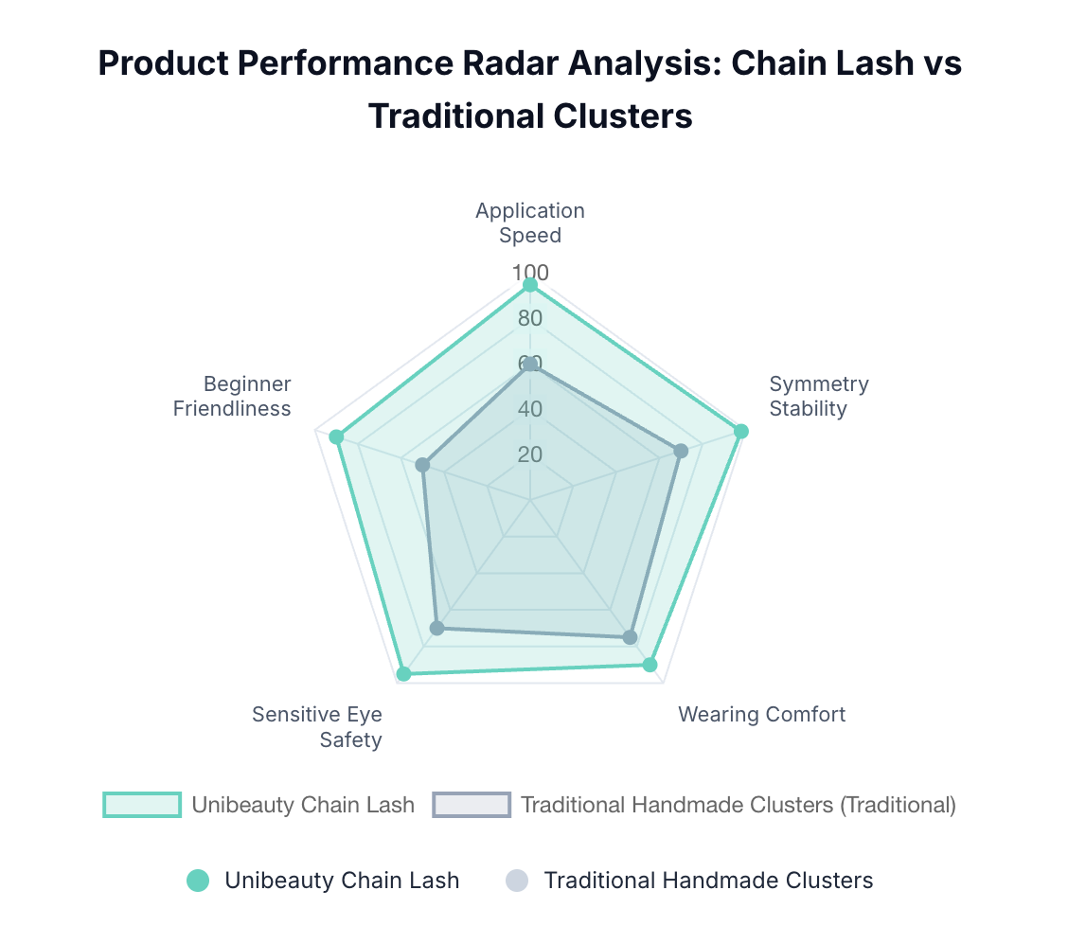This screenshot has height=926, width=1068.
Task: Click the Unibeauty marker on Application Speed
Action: [530, 285]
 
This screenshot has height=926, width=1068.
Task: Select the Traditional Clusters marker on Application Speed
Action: [530, 365]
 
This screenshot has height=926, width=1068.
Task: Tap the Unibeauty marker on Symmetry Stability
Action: [741, 432]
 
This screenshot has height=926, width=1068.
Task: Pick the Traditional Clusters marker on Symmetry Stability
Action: [681, 451]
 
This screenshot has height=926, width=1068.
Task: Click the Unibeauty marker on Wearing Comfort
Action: [650, 665]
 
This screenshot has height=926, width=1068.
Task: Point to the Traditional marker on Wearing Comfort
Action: [630, 637]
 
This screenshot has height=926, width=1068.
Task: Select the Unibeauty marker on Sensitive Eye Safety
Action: [404, 674]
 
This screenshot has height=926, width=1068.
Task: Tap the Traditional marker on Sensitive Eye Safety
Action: [437, 628]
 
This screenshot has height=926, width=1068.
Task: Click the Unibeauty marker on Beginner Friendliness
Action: [335, 436]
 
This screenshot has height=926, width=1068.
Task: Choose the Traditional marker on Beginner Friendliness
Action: [423, 465]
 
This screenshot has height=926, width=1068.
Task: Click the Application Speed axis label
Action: [530, 223]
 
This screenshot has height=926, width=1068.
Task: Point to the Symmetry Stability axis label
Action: [818, 396]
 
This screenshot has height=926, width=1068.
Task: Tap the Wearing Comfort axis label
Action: [761, 714]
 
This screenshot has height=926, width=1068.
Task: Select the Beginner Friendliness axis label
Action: [233, 396]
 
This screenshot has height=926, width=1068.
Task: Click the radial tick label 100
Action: [531, 273]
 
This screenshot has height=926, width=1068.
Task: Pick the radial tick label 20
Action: [530, 454]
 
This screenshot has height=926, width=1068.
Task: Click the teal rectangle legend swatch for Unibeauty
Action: [142, 805]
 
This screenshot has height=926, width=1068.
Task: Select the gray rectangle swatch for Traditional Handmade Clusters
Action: [472, 805]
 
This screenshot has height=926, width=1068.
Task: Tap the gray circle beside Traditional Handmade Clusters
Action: [516, 881]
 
